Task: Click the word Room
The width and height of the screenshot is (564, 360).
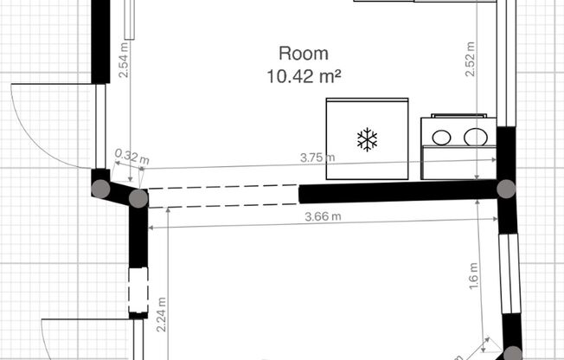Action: pyautogui.click(x=304, y=54)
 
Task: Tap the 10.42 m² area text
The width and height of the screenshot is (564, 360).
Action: pyautogui.click(x=304, y=76)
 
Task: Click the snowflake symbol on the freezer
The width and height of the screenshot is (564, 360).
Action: pyautogui.click(x=368, y=139)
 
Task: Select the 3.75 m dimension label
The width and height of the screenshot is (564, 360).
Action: pyautogui.click(x=317, y=157)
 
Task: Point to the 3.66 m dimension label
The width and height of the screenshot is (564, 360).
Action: pyautogui.click(x=323, y=216)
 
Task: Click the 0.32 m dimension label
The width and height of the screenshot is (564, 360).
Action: pyautogui.click(x=131, y=157)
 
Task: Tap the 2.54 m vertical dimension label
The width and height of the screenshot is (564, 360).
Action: pyautogui.click(x=124, y=60)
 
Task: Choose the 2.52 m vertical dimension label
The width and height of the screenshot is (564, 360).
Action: pyautogui.click(x=470, y=59)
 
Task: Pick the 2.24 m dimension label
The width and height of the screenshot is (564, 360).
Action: pyautogui.click(x=161, y=314)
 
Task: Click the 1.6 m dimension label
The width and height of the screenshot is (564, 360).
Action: pyautogui.click(x=474, y=276)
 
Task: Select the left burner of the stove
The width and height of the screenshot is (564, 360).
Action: pyautogui.click(x=441, y=138)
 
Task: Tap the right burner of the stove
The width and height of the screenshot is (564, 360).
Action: pyautogui.click(x=476, y=137)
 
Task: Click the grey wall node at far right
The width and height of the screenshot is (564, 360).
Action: pyautogui.click(x=506, y=189)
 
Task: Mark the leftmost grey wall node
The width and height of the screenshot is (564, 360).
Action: pyautogui.click(x=100, y=189)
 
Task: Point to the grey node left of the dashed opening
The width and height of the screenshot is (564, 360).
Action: pyautogui.click(x=138, y=198)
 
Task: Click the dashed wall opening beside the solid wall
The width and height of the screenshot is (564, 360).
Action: pyautogui.click(x=223, y=196)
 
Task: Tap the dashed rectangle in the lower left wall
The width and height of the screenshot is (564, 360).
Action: pyautogui.click(x=138, y=290)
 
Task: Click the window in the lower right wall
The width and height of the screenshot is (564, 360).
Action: pyautogui.click(x=510, y=273)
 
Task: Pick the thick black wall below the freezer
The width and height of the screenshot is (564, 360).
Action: pyautogui.click(x=398, y=191)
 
